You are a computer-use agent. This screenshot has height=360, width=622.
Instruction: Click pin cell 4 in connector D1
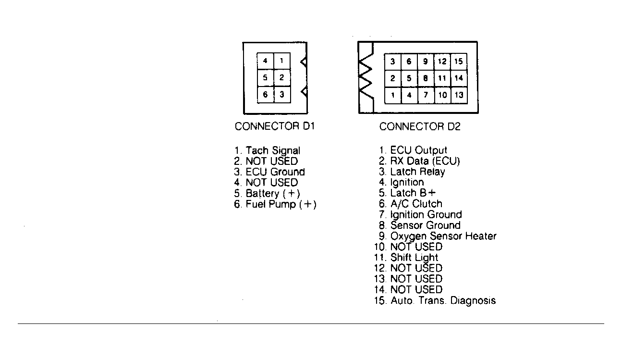[x=265, y=61]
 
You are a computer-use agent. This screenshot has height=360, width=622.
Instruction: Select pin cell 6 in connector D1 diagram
[x=266, y=95]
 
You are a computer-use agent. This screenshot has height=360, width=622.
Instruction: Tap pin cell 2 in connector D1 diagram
[x=282, y=78]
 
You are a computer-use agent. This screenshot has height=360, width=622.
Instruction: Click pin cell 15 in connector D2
[x=459, y=62]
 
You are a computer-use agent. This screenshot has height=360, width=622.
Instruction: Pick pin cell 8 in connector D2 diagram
[x=426, y=78]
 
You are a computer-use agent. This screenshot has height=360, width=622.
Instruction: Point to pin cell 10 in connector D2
[x=442, y=95]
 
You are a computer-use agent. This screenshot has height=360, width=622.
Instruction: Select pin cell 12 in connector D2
[x=442, y=62]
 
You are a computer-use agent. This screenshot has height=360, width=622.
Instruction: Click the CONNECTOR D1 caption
[x=275, y=126]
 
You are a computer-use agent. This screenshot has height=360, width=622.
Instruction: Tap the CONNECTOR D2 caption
[x=420, y=127]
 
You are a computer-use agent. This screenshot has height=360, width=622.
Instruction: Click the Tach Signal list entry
[x=267, y=150]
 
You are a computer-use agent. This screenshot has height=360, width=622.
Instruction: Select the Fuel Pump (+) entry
[x=275, y=204]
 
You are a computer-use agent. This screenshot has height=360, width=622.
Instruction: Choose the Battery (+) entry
[x=267, y=193]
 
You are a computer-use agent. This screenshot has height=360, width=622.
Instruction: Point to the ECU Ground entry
[x=269, y=172]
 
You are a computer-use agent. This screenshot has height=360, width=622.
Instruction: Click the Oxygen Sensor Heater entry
[x=438, y=236]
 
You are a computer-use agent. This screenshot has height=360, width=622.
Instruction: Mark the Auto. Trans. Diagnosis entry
[x=435, y=300]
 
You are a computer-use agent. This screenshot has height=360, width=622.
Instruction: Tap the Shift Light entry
[x=406, y=258]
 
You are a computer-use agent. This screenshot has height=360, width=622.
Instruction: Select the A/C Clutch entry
[x=411, y=204]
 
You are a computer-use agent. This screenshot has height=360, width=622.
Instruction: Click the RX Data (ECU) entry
[x=420, y=161]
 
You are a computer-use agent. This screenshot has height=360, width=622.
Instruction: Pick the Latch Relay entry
[x=412, y=172]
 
